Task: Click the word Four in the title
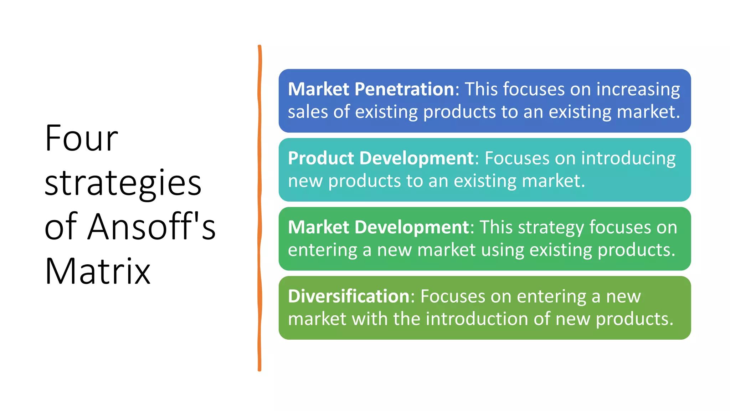pyautogui.click(x=81, y=138)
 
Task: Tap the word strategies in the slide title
pyautogui.click(x=123, y=183)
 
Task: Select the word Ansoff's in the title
pyautogui.click(x=151, y=227)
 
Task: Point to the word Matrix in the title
pyautogui.click(x=97, y=271)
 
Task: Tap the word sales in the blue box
pyautogui.click(x=308, y=112)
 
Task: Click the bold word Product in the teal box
pyautogui.click(x=321, y=158)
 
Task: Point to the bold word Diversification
pyautogui.click(x=349, y=296)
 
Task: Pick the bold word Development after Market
pyautogui.click(x=412, y=227)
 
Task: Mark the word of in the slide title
pyautogui.click(x=60, y=227)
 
